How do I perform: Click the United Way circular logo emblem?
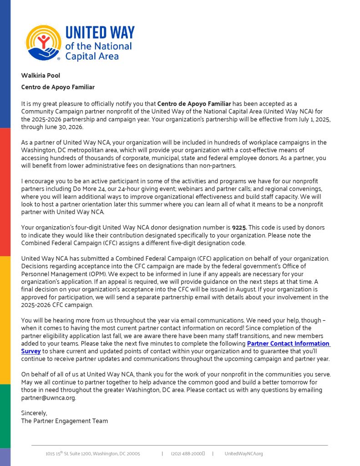pyautogui.click(x=44, y=43)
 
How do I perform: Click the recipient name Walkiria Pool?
pyautogui.click(x=41, y=76)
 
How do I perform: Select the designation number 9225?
pyautogui.click(x=240, y=228)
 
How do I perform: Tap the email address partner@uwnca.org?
pyautogui.click(x=48, y=398)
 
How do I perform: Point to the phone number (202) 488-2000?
pyautogui.click(x=188, y=454)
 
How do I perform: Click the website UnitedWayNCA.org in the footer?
pyautogui.click(x=243, y=454)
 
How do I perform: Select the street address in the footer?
pyautogui.click(x=93, y=454)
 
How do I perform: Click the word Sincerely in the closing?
pyautogui.click(x=34, y=413)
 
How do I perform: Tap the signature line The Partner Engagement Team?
pyautogui.click(x=65, y=421)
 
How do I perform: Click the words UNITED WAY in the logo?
pyautogui.click(x=100, y=33)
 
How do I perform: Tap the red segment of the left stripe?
pyautogui.click(x=5, y=191)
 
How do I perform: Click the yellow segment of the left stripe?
pyautogui.click(x=5, y=319)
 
